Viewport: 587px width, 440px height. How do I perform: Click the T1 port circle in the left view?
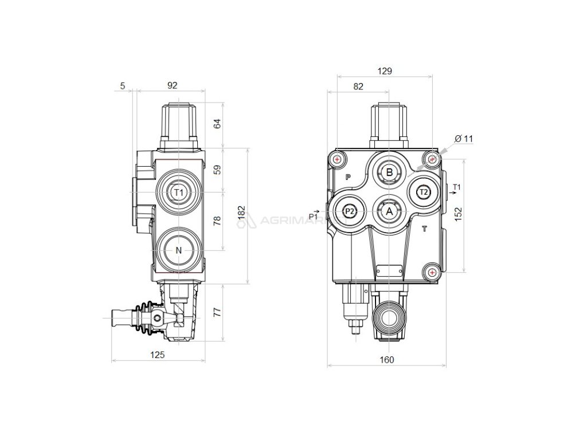click(x=178, y=192)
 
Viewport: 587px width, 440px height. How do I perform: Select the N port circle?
click(x=178, y=250)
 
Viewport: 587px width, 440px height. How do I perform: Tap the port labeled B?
click(x=389, y=172)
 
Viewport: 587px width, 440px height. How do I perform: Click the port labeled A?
click(x=389, y=212)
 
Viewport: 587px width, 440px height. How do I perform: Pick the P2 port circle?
click(x=350, y=211)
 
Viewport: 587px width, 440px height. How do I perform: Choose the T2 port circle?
click(x=423, y=192)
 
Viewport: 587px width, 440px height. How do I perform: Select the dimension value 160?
click(x=387, y=360)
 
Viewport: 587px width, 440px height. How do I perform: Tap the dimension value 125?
click(x=158, y=355)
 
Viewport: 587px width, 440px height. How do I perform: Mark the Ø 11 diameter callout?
click(x=464, y=139)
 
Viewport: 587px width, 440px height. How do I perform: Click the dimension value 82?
click(x=358, y=87)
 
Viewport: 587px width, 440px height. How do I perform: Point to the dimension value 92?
click(x=172, y=85)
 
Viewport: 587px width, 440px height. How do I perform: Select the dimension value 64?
click(x=217, y=124)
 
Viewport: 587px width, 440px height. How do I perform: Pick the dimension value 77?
click(x=217, y=313)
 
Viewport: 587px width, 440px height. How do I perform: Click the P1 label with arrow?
click(x=314, y=215)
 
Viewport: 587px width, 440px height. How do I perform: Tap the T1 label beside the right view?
click(x=456, y=187)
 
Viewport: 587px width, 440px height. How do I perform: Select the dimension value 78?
click(x=217, y=222)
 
